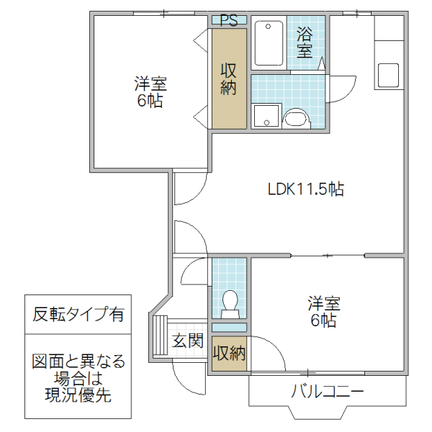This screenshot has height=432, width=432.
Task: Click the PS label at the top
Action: click(x=229, y=20)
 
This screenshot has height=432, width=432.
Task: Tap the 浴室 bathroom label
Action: click(x=305, y=42)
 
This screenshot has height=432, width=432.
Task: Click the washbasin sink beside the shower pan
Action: click(x=295, y=117)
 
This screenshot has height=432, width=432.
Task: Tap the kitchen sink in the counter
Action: click(x=388, y=74)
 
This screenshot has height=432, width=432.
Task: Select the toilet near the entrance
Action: click(x=230, y=302)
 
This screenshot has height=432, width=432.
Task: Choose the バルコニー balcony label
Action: click(x=328, y=393)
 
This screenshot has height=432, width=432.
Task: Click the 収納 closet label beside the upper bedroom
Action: click(x=229, y=79)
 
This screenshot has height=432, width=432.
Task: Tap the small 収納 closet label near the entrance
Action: click(x=229, y=354)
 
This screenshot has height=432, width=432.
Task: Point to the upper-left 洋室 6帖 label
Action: click(x=150, y=91)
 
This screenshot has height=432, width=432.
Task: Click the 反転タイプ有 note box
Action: click(x=78, y=314)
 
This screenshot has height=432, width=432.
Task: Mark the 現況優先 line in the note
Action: click(x=78, y=395)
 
